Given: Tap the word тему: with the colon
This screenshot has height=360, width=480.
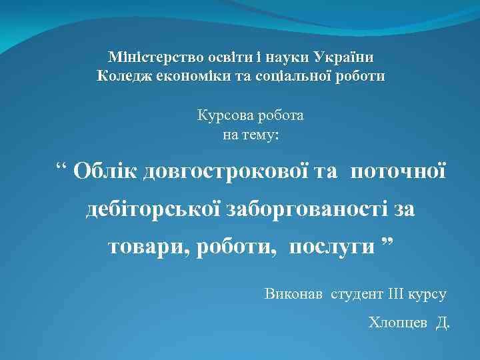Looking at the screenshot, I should [x=261, y=135].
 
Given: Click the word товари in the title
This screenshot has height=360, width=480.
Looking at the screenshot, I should [x=147, y=247].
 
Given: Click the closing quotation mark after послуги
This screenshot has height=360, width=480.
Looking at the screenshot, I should [x=387, y=243].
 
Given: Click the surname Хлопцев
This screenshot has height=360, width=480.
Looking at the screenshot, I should [x=397, y=323].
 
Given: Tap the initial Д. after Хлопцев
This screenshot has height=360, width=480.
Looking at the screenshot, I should [x=443, y=323].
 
